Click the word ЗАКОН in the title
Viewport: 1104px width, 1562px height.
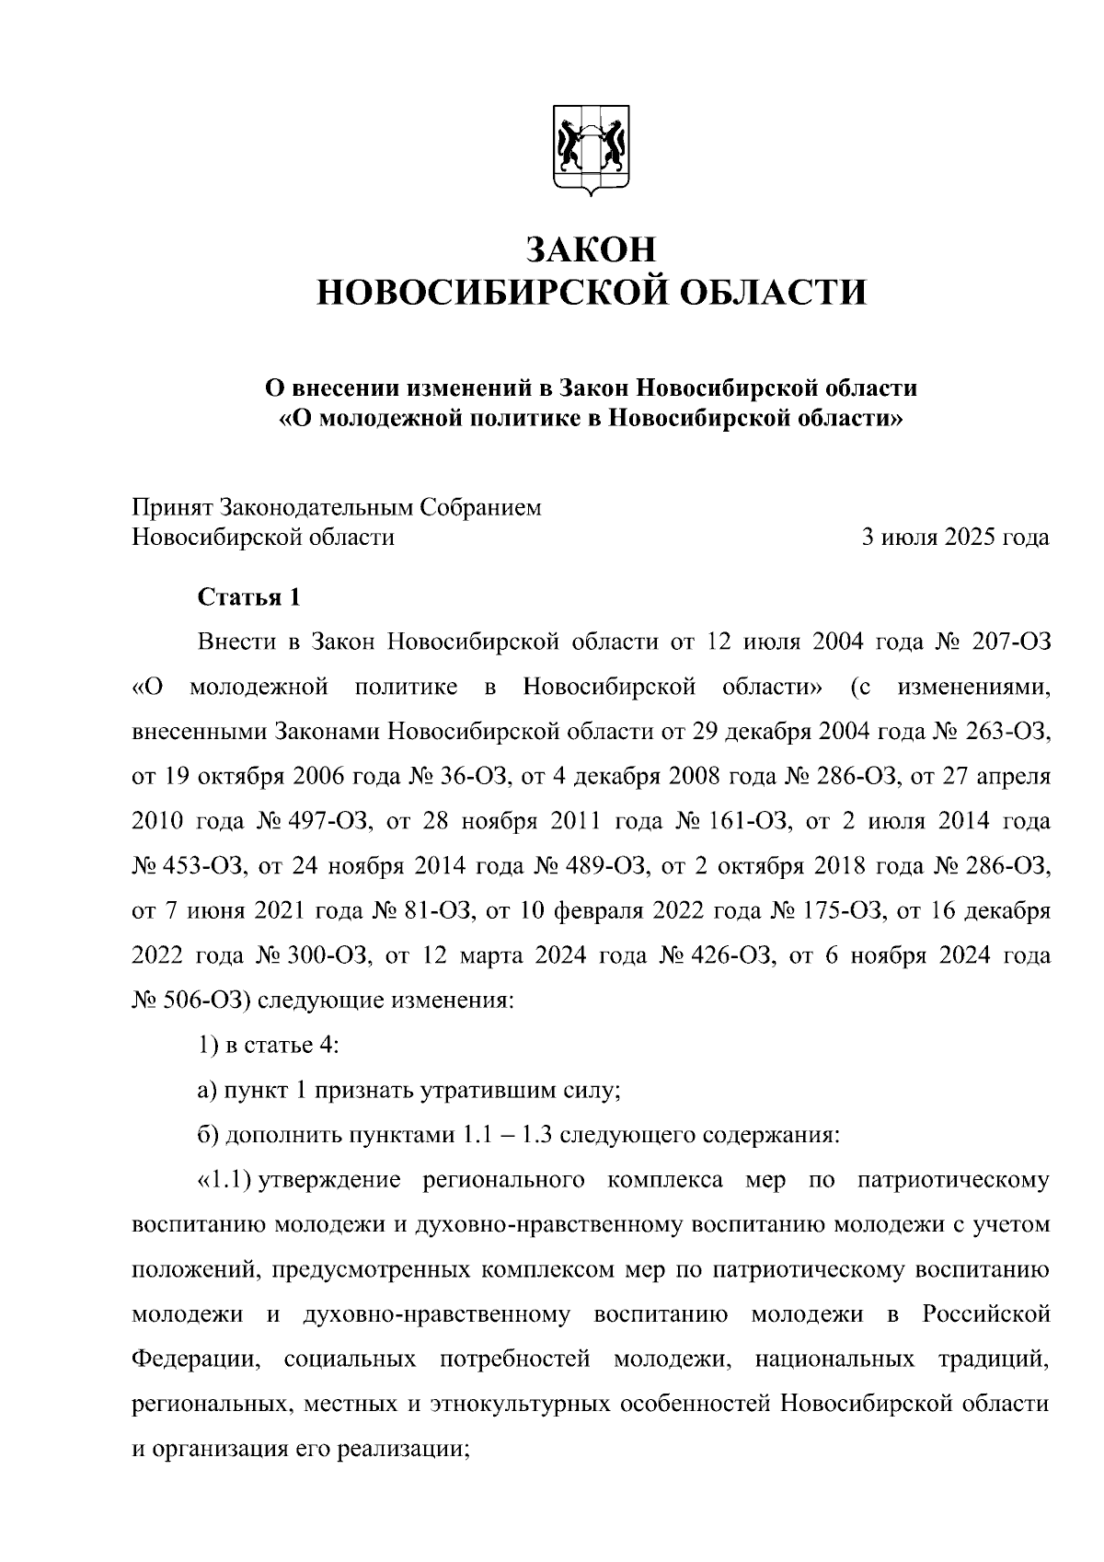coord(591,250)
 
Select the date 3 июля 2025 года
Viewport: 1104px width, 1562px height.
coord(954,538)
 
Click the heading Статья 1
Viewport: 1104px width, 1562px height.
coord(248,597)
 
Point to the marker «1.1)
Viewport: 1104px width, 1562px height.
coord(224,1181)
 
